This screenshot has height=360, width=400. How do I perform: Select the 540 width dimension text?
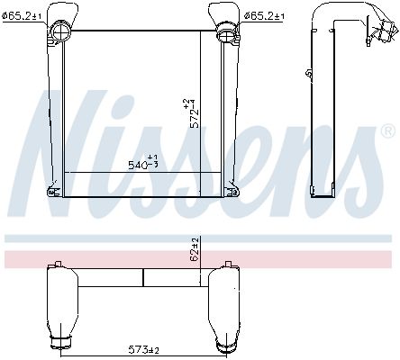click(141, 164)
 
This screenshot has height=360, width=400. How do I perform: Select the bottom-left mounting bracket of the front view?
click(57, 191)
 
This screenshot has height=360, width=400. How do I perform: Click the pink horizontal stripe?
click(200, 259)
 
